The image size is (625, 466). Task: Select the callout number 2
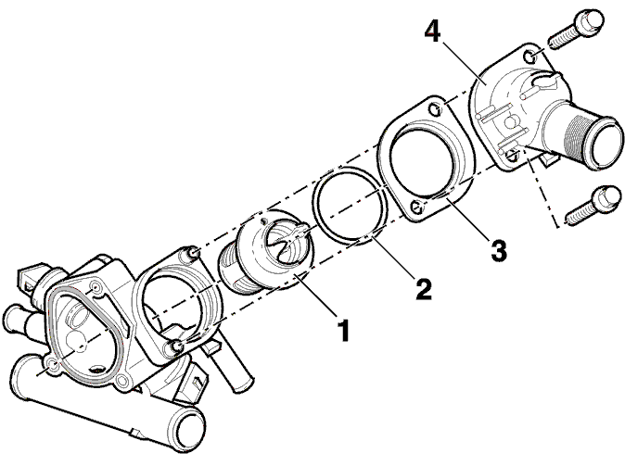424,289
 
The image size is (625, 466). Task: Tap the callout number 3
498,250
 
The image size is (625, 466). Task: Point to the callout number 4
433,31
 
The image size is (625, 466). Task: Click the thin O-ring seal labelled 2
351,205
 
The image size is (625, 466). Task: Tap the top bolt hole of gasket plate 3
435,108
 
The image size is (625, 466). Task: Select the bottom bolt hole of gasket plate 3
417,206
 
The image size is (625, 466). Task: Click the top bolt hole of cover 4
530,57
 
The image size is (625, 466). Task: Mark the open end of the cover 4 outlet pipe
606,143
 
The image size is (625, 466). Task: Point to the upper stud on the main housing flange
193,253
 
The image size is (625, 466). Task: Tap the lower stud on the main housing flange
176,346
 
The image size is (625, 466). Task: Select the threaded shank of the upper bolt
563,38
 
